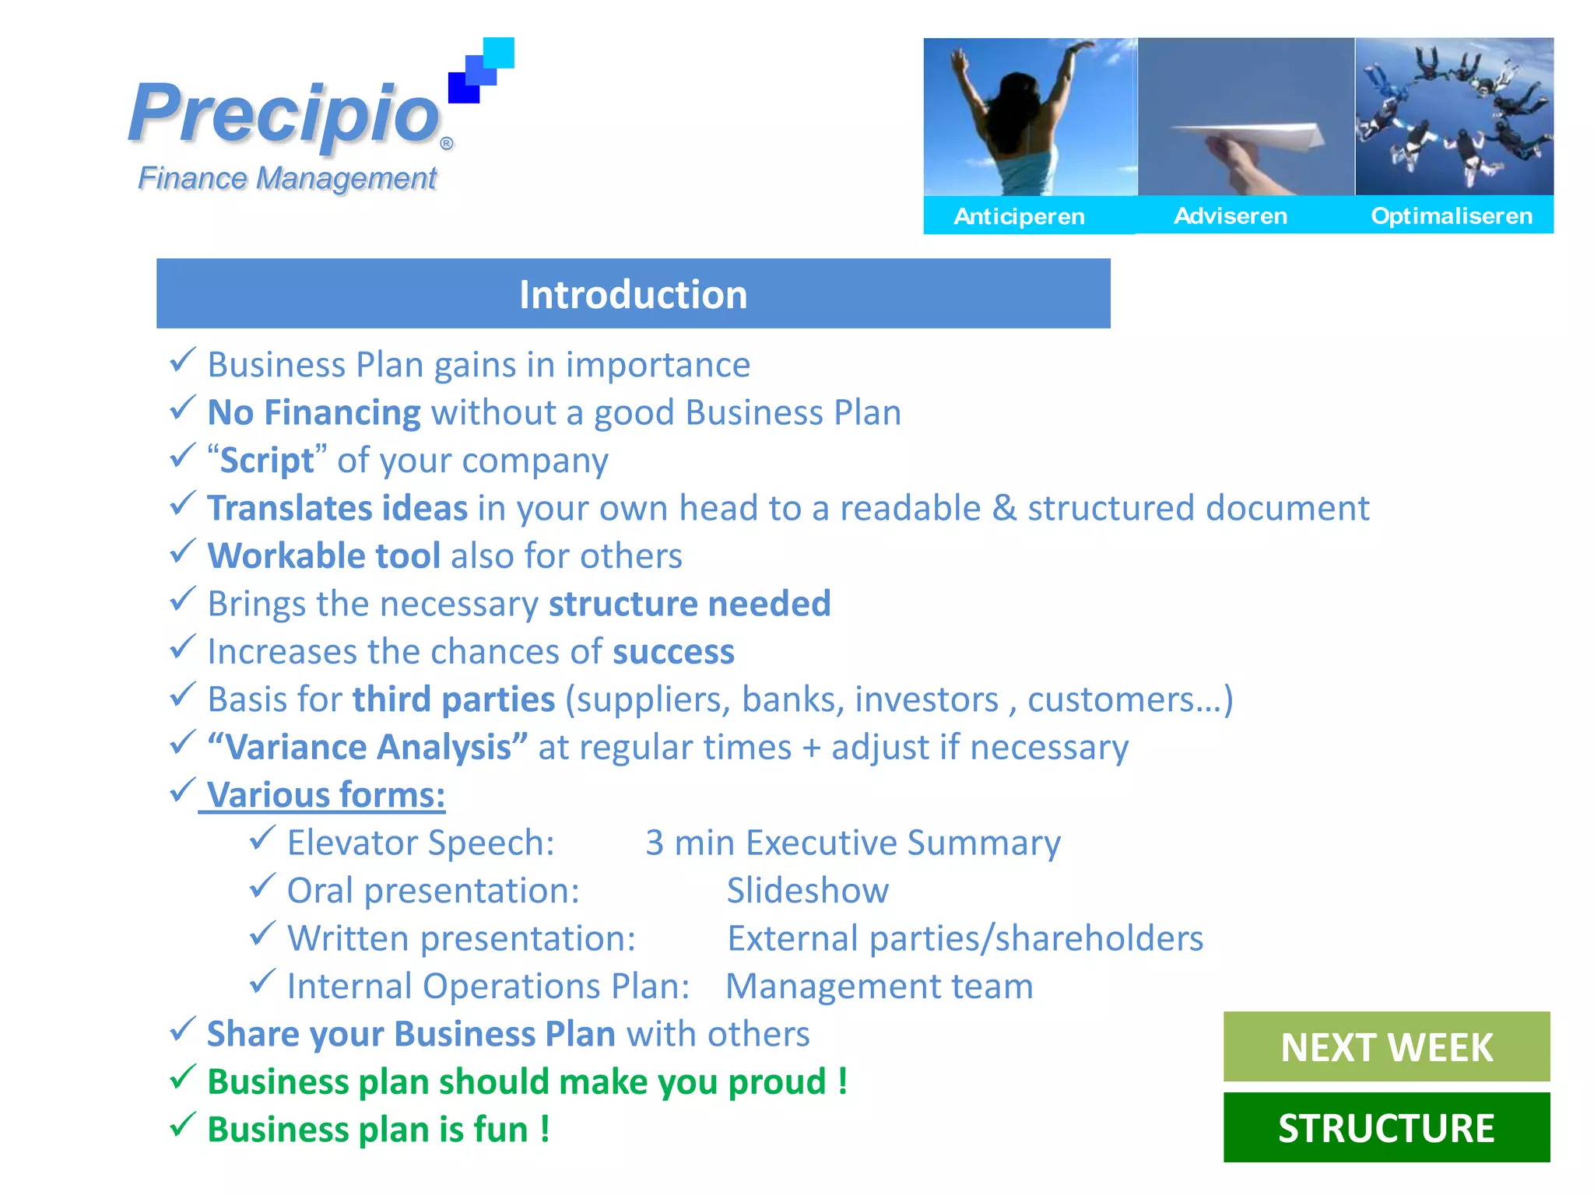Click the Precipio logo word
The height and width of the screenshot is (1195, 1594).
click(285, 115)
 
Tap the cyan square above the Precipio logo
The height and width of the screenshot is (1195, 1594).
click(498, 53)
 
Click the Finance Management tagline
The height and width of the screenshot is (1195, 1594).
click(287, 178)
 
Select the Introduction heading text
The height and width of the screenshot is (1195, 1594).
click(633, 295)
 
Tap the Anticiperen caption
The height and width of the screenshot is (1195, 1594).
click(1019, 216)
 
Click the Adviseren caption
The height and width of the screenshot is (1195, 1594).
click(1231, 216)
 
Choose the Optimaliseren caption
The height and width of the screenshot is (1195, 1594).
click(1452, 216)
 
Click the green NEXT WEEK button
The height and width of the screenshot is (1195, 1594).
click(1386, 1046)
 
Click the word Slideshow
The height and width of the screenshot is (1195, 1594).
click(807, 891)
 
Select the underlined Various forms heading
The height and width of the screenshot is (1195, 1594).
click(326, 795)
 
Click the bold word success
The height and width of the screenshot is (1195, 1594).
click(673, 652)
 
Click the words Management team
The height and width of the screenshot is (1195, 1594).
click(880, 986)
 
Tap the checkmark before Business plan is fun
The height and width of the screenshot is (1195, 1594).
click(182, 1125)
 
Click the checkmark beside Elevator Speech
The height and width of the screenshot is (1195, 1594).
click(262, 838)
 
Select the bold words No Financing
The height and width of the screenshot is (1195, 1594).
click(314, 413)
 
